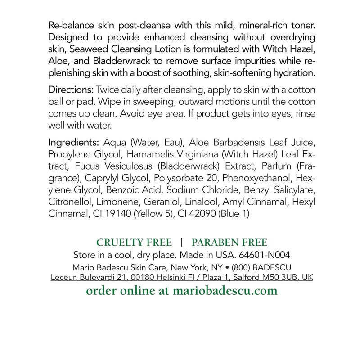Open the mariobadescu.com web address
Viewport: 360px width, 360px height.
pos(225,291)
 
